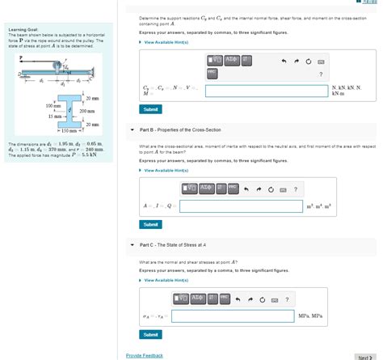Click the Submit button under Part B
coord(150,224)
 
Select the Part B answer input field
coord(235,206)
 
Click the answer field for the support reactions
coord(267,91)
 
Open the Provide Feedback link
coord(145,355)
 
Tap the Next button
coord(364,356)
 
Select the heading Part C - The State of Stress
coord(173,245)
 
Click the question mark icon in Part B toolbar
coord(296,190)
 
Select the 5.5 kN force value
coord(101,154)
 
